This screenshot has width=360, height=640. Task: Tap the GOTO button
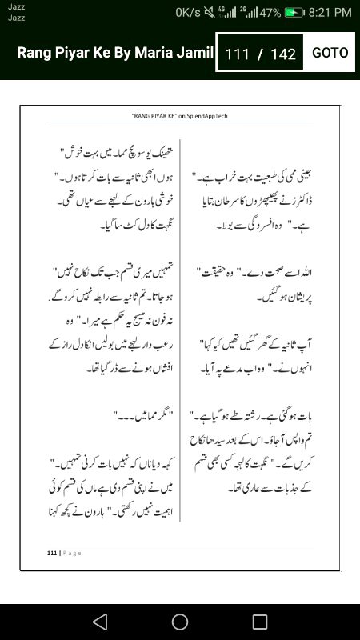(330, 53)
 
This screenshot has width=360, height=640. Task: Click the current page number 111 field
(238, 54)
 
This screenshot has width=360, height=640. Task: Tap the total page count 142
(284, 54)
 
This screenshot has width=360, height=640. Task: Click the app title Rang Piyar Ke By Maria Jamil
(115, 54)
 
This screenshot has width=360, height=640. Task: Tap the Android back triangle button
(99, 622)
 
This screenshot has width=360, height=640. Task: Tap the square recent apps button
(260, 622)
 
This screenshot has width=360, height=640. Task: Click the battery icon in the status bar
(295, 13)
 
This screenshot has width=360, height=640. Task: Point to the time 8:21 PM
(330, 13)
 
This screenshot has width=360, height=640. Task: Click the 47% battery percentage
(270, 13)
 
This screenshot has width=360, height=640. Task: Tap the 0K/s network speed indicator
(188, 13)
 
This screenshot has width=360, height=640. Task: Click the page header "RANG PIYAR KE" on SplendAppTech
(180, 116)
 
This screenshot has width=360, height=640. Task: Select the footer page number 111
(52, 553)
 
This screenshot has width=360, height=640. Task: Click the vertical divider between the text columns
(180, 336)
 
